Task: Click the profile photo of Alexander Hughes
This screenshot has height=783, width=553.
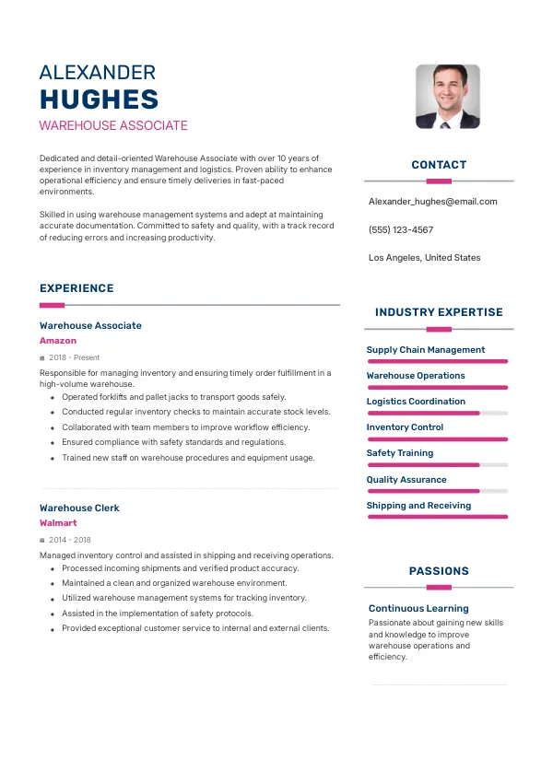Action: (x=448, y=96)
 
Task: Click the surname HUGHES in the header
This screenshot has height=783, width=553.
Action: (x=100, y=99)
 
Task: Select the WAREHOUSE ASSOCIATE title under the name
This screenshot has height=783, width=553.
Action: (x=113, y=125)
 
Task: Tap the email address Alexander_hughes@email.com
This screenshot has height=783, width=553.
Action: (x=432, y=201)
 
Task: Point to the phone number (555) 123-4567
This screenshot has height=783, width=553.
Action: (x=400, y=229)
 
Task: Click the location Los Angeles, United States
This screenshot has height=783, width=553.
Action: (x=424, y=258)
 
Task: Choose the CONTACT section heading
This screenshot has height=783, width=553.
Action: (x=439, y=165)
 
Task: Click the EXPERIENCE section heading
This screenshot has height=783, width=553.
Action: (x=76, y=288)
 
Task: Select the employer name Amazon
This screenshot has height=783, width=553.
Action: (x=58, y=341)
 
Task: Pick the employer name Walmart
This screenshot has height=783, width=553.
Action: (x=58, y=523)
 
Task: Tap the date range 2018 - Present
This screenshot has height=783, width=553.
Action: (x=75, y=357)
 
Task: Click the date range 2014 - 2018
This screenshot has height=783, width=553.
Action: (x=70, y=540)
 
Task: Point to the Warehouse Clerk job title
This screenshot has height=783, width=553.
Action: (x=79, y=508)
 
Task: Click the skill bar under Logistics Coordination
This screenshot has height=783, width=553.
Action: (x=438, y=414)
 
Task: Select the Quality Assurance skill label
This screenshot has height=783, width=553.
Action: (x=406, y=479)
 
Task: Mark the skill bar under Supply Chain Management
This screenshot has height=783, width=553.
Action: (x=438, y=362)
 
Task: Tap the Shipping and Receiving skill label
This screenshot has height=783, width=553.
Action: (x=418, y=505)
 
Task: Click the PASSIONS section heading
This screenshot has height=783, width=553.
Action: (x=439, y=571)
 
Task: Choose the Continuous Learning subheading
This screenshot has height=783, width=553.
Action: (x=418, y=608)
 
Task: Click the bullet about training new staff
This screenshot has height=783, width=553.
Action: (x=188, y=457)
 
